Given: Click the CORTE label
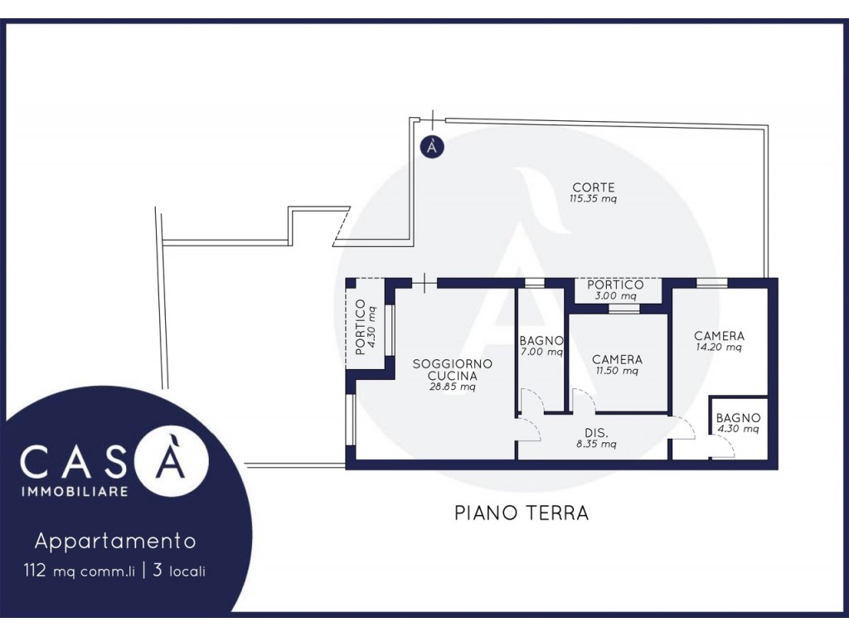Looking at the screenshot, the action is tap(594, 187).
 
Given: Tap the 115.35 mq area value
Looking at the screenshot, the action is tap(593, 199).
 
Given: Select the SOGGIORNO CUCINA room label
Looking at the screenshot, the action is tap(453, 369).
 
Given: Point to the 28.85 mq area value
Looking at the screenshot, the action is tap(453, 387).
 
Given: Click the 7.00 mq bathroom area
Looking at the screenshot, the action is tap(541, 352).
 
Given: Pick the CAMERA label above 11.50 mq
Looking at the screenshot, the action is tap(617, 360).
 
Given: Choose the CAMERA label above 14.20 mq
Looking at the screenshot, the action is tap(719, 336).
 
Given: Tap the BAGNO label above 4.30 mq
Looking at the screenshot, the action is tap(738, 418).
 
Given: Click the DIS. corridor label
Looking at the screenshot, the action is tap(596, 433).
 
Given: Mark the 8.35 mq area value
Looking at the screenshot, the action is tap(596, 445).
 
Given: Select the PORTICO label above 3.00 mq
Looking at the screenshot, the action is tap(616, 284).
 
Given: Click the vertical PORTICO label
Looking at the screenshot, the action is tap(360, 327).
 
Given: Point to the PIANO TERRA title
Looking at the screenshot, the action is tap(522, 513).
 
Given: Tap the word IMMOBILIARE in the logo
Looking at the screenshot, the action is tap(75, 491).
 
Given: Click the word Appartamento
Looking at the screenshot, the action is tap(115, 541).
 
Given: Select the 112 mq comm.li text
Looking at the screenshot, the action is tap(79, 571).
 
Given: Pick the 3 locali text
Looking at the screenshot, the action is tap(179, 571).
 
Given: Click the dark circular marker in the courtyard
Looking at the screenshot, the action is tap(432, 146).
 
